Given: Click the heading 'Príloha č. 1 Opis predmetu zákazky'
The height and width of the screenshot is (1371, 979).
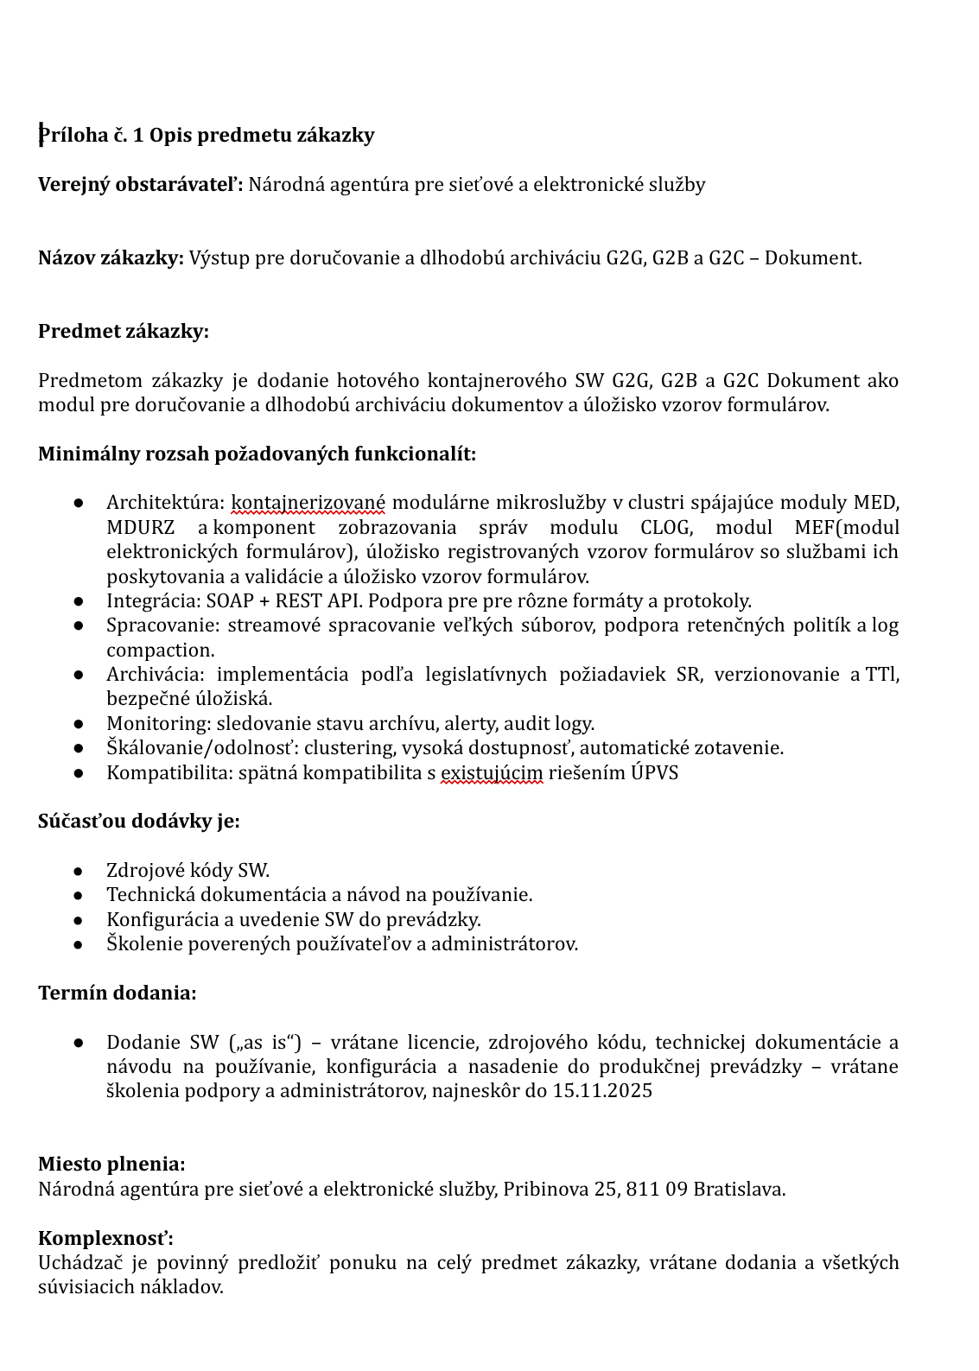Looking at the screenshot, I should pos(207,135).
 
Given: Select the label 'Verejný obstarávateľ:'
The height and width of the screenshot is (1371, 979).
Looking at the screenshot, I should pos(141,184).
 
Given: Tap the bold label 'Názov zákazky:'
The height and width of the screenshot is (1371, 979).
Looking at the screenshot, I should pos(111,257).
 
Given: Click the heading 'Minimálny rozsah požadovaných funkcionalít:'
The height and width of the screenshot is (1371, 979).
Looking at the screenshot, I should pos(257,454).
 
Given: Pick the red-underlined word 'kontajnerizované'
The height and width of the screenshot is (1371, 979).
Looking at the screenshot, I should pos(308,503).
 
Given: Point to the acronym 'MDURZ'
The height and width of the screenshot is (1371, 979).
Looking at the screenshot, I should pos(141,527).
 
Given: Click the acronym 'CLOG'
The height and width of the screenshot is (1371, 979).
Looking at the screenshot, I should pos(664,527).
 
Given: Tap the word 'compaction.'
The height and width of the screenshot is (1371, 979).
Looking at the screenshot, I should pos(161,650).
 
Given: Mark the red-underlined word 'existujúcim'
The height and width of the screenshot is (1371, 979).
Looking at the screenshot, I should pos(492,772).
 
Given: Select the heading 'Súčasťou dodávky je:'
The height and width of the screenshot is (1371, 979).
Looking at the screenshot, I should pos(139,821).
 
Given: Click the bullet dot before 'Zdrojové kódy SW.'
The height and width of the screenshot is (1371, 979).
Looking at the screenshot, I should pos(79,871).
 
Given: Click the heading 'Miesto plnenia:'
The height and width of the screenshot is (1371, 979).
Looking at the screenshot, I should pos(111,1164).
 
